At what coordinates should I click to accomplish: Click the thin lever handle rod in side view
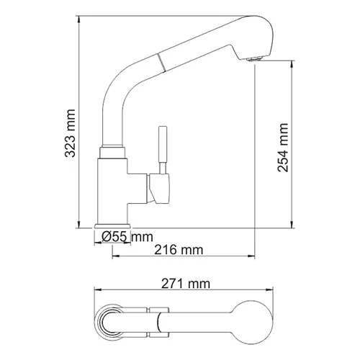pyautogui.click(x=163, y=148)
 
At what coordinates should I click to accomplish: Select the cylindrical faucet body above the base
pyautogui.click(x=112, y=187)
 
